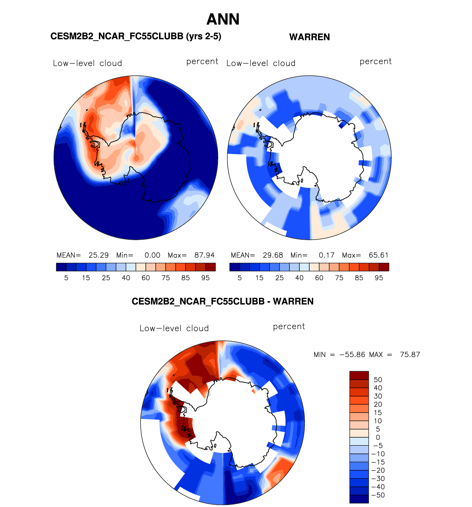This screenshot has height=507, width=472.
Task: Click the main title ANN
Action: [223, 19]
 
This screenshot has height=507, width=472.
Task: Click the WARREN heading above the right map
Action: [309, 37]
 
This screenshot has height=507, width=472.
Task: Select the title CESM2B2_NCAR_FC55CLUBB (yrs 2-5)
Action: [136, 36]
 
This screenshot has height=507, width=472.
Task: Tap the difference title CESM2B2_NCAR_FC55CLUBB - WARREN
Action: [223, 302]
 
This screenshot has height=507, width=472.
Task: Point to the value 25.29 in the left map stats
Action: [98, 255]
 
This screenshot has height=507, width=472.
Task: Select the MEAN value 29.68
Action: [273, 255]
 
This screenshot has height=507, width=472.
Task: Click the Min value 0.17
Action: [326, 255]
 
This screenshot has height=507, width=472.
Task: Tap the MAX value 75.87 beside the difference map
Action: [410, 355]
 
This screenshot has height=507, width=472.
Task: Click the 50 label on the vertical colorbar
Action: [378, 380]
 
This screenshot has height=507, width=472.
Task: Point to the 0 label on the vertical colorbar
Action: [378, 437]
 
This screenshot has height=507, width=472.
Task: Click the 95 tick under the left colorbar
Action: [205, 278]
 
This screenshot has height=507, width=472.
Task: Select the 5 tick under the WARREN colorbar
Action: [239, 278]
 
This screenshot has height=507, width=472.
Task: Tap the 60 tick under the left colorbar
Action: [146, 278]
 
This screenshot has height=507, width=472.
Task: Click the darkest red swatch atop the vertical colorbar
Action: [359, 375]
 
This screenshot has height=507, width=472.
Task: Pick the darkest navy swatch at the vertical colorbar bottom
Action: [359, 499]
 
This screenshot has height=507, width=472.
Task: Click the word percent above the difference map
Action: [289, 327]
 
